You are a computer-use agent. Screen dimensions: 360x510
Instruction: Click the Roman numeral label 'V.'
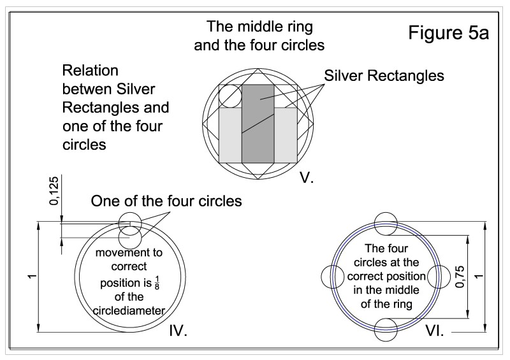tap(307, 179)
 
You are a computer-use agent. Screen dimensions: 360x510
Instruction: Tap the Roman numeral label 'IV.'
tap(180, 331)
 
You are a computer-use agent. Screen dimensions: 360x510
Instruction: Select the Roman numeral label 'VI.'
tap(438, 331)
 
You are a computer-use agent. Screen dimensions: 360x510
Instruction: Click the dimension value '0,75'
tap(460, 277)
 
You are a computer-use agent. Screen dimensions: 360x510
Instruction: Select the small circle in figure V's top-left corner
tap(229, 96)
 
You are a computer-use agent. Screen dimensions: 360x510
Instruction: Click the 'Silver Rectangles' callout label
tap(384, 75)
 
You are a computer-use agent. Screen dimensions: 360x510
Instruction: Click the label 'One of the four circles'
tap(166, 202)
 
